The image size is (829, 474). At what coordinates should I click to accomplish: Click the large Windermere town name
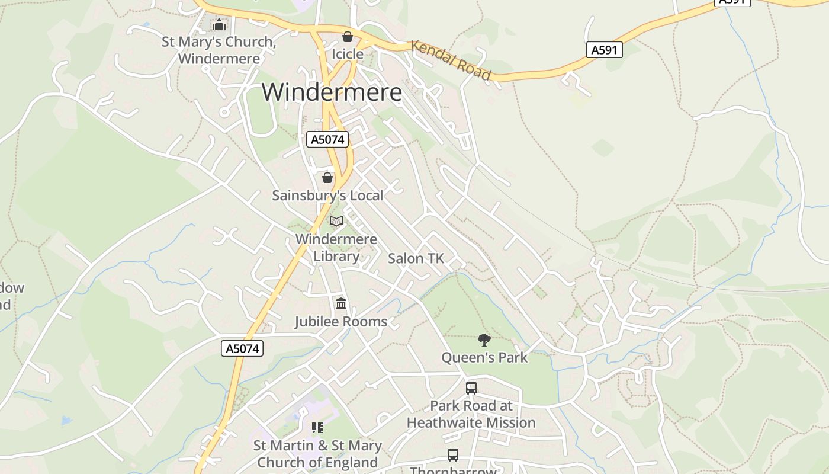tap(332, 92)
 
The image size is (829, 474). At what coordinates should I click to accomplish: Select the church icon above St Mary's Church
tap(219, 25)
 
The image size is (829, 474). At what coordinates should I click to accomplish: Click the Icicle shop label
tap(347, 54)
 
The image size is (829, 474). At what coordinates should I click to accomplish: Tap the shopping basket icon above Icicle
tap(348, 37)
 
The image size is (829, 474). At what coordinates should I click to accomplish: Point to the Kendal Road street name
tap(451, 60)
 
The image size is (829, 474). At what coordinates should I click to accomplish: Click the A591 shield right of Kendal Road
tap(605, 50)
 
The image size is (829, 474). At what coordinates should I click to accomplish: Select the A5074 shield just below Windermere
tap(327, 139)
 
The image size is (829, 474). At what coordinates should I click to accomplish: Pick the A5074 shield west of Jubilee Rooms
tap(243, 348)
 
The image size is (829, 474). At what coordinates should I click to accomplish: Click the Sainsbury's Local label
tap(327, 196)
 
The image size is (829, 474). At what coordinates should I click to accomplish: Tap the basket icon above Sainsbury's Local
tap(327, 177)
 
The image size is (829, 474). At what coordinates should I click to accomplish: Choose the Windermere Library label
tap(336, 248)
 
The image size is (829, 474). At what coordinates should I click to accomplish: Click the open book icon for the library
tap(336, 222)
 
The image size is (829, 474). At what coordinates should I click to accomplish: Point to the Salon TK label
tap(416, 258)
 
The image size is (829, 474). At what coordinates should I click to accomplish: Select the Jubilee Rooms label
tap(341, 322)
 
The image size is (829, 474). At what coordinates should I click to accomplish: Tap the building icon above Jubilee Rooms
tap(341, 304)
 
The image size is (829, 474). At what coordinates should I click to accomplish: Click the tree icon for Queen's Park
tap(484, 340)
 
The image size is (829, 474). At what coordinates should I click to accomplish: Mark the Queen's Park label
tap(484, 358)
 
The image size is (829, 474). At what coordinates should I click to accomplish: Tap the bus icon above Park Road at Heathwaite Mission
tap(471, 388)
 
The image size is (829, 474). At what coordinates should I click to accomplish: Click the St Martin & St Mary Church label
tap(317, 454)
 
